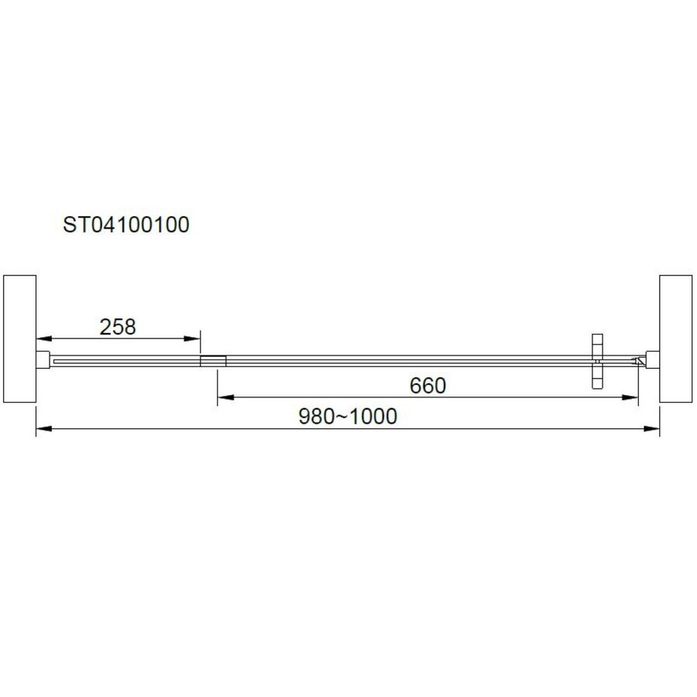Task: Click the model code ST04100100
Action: click(x=125, y=225)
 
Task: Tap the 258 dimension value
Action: click(x=118, y=327)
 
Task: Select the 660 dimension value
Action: click(x=427, y=385)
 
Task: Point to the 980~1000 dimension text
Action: click(x=348, y=416)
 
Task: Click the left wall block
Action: click(x=19, y=338)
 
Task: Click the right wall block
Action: click(x=675, y=338)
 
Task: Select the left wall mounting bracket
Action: click(x=43, y=360)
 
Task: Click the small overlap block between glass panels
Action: click(x=213, y=360)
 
